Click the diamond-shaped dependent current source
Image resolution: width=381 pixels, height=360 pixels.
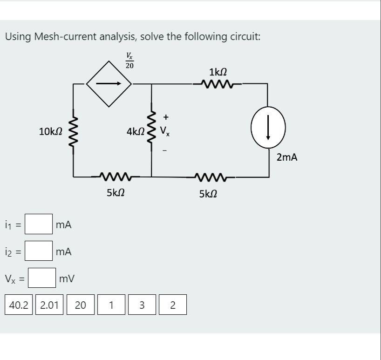(x=109, y=84)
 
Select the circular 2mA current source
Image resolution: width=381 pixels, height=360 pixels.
(x=268, y=127)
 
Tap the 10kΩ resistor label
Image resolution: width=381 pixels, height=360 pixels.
(x=51, y=132)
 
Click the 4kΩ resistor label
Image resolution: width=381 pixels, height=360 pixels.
(x=135, y=132)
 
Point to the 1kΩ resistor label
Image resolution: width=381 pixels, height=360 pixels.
(x=218, y=72)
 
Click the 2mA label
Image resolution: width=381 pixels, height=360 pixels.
(x=286, y=157)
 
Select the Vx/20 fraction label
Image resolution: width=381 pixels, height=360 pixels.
(x=129, y=61)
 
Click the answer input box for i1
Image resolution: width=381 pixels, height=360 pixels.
(x=39, y=224)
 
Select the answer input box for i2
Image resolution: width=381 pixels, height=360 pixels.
(x=39, y=251)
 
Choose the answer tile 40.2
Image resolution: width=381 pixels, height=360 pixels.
(x=19, y=305)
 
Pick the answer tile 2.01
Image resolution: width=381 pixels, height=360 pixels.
(x=49, y=305)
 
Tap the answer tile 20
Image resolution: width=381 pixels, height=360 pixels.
(x=81, y=305)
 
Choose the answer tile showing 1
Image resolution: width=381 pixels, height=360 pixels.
(x=111, y=305)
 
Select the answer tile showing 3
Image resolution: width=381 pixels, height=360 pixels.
(x=142, y=305)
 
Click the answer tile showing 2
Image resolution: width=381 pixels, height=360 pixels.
(x=173, y=305)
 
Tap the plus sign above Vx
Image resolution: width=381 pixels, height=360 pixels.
(x=165, y=117)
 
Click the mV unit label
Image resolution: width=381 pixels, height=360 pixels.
(x=67, y=278)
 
